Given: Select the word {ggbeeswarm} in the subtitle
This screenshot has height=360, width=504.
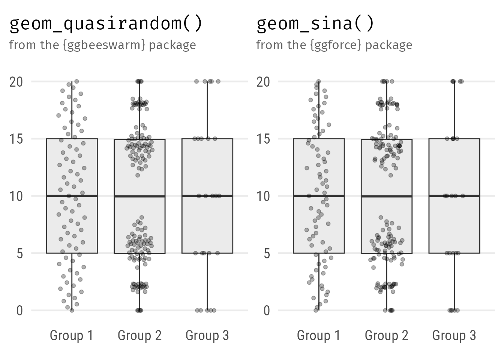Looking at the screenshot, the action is coord(104,45).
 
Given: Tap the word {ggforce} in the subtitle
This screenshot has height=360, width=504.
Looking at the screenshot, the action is coord(336,45).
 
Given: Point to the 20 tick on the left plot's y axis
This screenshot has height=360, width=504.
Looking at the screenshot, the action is coord(16,82).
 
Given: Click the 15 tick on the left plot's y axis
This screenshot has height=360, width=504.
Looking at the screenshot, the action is coord(16,139).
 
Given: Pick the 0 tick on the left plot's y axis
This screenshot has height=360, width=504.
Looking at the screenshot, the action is coord(19,311).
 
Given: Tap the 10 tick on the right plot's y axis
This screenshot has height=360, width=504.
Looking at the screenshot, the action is coord(263,196).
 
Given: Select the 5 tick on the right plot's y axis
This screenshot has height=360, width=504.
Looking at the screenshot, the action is coord(267,253).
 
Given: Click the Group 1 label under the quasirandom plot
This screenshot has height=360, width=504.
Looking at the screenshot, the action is coord(72,336).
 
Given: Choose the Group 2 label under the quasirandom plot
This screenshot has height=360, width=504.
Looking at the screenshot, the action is coord(139,336).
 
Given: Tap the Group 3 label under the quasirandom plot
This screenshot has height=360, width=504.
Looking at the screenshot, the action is coord(207,336).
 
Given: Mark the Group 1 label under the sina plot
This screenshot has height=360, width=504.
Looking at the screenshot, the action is coord(319,336).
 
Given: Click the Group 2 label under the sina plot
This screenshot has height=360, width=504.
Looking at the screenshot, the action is coord(387,336).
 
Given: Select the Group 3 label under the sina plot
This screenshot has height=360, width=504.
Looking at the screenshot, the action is coord(454,336).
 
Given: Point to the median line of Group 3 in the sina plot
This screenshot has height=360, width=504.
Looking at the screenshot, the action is coord(454,196).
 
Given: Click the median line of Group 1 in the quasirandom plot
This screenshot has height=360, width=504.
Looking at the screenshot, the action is coord(72,196).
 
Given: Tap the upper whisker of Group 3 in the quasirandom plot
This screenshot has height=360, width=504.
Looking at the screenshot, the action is coord(207,110).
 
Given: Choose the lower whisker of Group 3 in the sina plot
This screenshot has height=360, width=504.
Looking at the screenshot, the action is coord(454,282).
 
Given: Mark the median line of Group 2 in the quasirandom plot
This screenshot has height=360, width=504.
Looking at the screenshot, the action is coord(139,196).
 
